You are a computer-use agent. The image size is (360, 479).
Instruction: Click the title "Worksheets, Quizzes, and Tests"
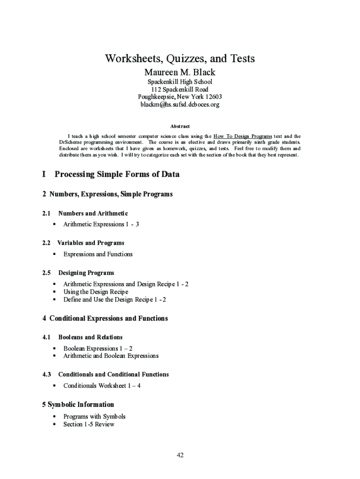tap(180, 58)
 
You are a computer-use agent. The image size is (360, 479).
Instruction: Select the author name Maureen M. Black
tap(180, 73)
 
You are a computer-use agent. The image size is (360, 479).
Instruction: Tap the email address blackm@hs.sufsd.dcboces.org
tap(180, 104)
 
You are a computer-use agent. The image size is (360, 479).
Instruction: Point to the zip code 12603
tap(213, 97)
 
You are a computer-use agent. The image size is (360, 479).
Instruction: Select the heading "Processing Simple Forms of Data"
tap(117, 174)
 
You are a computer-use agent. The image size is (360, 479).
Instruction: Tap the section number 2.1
tap(46, 213)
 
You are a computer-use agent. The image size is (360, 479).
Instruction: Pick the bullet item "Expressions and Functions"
tap(98, 254)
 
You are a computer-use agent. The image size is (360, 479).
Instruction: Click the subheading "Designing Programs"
tap(86, 273)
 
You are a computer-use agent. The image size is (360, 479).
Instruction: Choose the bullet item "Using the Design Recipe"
tap(95, 291)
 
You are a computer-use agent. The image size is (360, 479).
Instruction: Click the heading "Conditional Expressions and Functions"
tap(108, 319)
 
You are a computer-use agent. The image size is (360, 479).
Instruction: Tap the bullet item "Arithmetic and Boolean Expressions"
tap(111, 356)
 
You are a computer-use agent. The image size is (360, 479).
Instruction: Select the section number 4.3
tap(46, 374)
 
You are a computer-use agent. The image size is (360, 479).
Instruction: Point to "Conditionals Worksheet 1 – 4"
tap(102, 385)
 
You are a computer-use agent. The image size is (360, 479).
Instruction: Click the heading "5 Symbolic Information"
tap(78, 405)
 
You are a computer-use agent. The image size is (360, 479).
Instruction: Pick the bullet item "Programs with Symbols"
tap(94, 416)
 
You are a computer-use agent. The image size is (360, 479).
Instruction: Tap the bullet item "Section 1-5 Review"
tap(89, 424)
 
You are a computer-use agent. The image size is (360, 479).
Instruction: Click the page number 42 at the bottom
tap(180, 455)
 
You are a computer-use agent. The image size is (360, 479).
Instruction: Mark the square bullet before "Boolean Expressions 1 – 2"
tap(54, 348)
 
